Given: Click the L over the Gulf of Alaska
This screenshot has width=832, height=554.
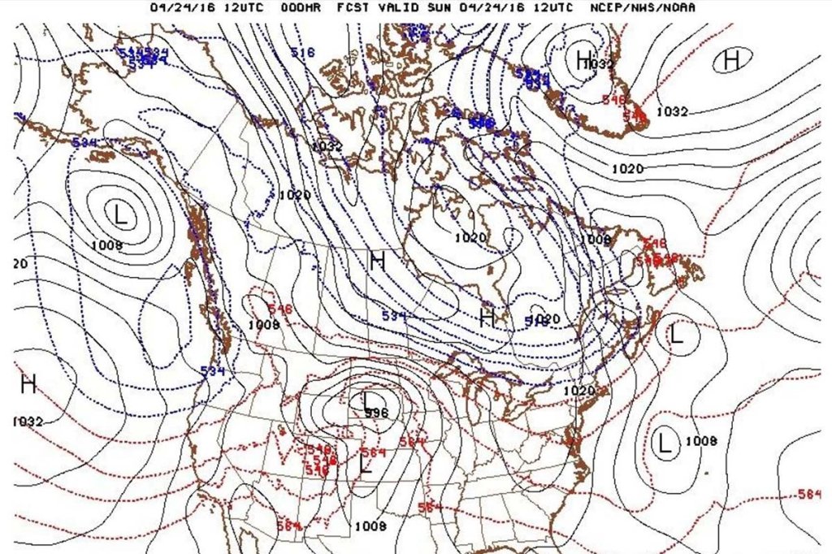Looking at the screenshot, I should pyautogui.click(x=121, y=215).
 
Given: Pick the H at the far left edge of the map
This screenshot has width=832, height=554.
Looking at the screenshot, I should pyautogui.click(x=28, y=383).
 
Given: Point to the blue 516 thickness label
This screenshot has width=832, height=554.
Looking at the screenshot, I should pyautogui.click(x=302, y=53).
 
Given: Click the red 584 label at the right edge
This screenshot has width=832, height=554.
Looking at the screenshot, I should pyautogui.click(x=809, y=494).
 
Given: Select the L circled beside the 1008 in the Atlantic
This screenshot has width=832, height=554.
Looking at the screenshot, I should pyautogui.click(x=665, y=444).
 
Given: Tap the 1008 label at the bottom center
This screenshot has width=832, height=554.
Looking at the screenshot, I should pyautogui.click(x=370, y=526).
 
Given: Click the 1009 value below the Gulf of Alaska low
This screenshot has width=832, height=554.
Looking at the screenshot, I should pyautogui.click(x=106, y=245).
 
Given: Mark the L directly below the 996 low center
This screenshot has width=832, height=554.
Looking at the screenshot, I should pyautogui.click(x=366, y=465).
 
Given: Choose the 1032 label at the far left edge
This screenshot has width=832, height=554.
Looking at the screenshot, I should pyautogui.click(x=28, y=422).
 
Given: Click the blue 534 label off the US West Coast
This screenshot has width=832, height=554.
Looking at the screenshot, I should pyautogui.click(x=212, y=371).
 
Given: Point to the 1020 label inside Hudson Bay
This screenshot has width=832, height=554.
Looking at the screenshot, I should pyautogui.click(x=470, y=237).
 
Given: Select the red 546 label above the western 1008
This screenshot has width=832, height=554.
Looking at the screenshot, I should pyautogui.click(x=279, y=309).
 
